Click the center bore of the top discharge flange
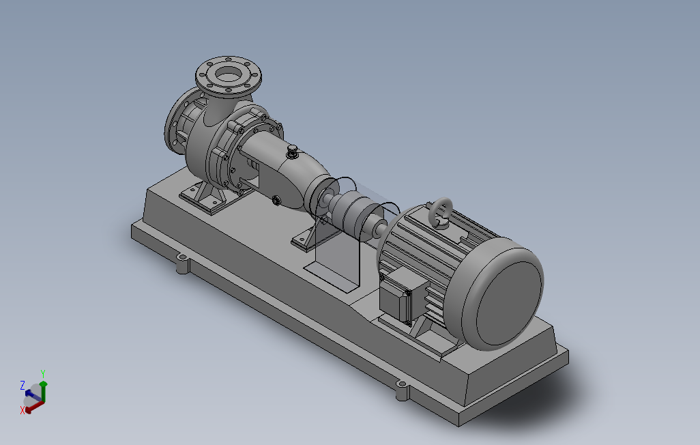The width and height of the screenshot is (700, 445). pos(229,74)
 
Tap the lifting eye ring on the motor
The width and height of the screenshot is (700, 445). pos(441,213)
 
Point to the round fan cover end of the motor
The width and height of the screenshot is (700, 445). pos(503,293)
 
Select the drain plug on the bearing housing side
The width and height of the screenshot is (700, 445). pos(276,200)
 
